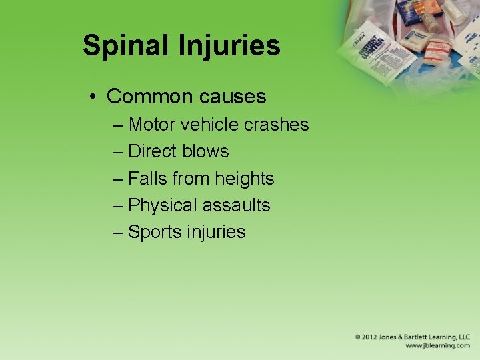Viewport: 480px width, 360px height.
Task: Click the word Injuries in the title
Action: pos(228,46)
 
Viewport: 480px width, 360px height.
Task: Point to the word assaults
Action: pos(237,205)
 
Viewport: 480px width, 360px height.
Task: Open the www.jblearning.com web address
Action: pos(438,346)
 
